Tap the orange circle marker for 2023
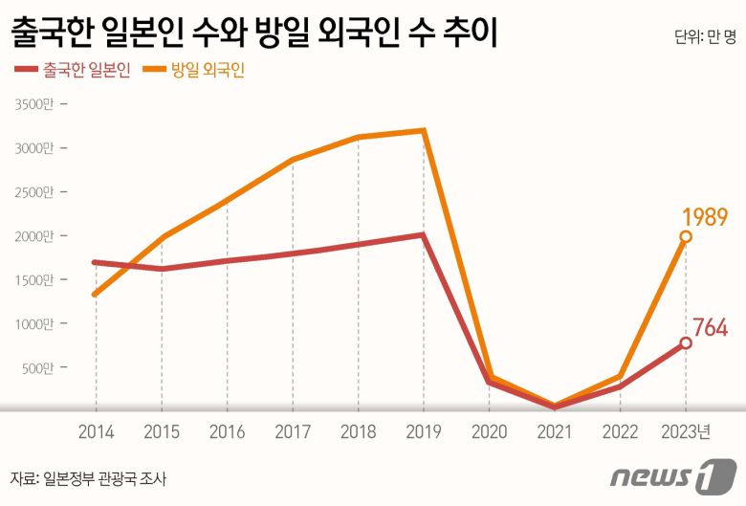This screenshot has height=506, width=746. (686, 236)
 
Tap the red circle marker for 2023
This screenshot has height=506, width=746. (686, 342)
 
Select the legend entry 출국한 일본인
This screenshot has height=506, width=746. (77, 71)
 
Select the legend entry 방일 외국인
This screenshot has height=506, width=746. (200, 71)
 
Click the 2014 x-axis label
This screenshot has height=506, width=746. (96, 432)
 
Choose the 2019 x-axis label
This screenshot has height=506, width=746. (424, 432)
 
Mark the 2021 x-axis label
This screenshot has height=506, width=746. (555, 432)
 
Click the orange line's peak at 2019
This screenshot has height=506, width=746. (424, 130)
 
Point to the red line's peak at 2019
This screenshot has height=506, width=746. (424, 234)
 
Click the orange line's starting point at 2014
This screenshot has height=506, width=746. (95, 294)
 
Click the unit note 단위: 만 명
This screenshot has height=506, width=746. (705, 37)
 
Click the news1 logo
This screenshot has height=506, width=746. (674, 474)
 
